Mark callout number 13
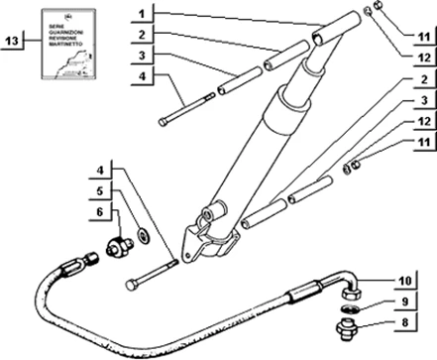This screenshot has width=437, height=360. tap(13, 42)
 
